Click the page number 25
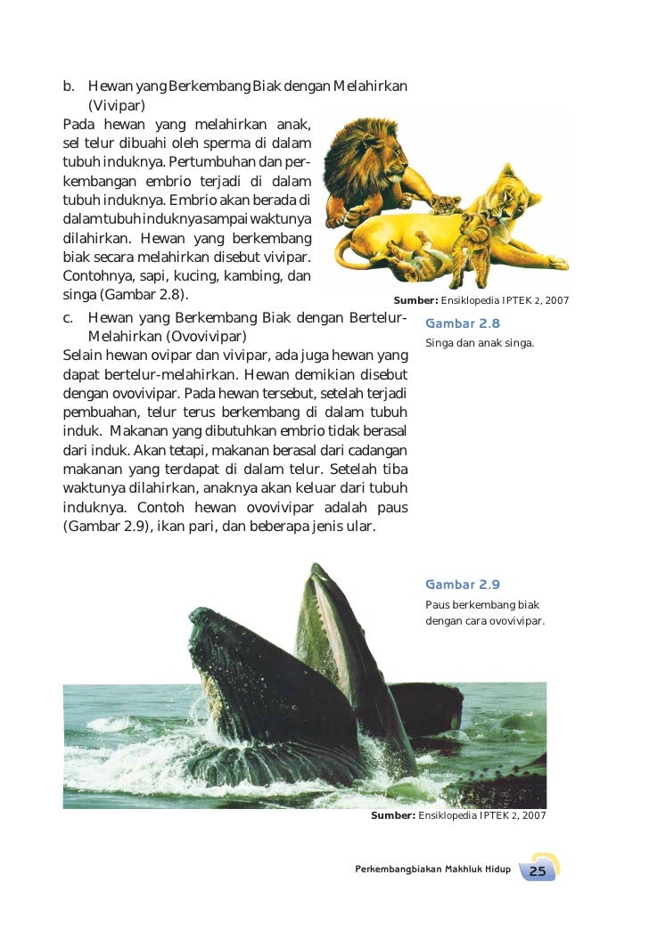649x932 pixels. pyautogui.click(x=538, y=871)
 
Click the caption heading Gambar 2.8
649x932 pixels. pyautogui.click(x=463, y=323)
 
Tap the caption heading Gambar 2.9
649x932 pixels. pyautogui.click(x=463, y=585)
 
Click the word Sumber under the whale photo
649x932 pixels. pyautogui.click(x=392, y=815)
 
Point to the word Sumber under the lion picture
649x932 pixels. pyautogui.click(x=415, y=300)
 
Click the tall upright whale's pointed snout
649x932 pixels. pyautogui.click(x=314, y=570)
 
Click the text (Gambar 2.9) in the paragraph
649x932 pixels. pyautogui.click(x=102, y=526)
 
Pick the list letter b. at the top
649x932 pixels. pyautogui.click(x=69, y=86)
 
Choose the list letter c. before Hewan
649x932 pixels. pyautogui.click(x=69, y=319)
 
